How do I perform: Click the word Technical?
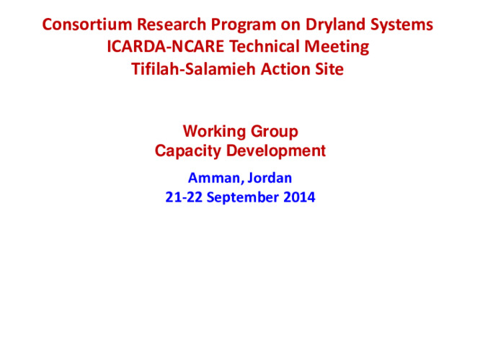click(268, 48)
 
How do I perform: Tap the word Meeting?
click(340, 48)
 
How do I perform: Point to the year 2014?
click(299, 197)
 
